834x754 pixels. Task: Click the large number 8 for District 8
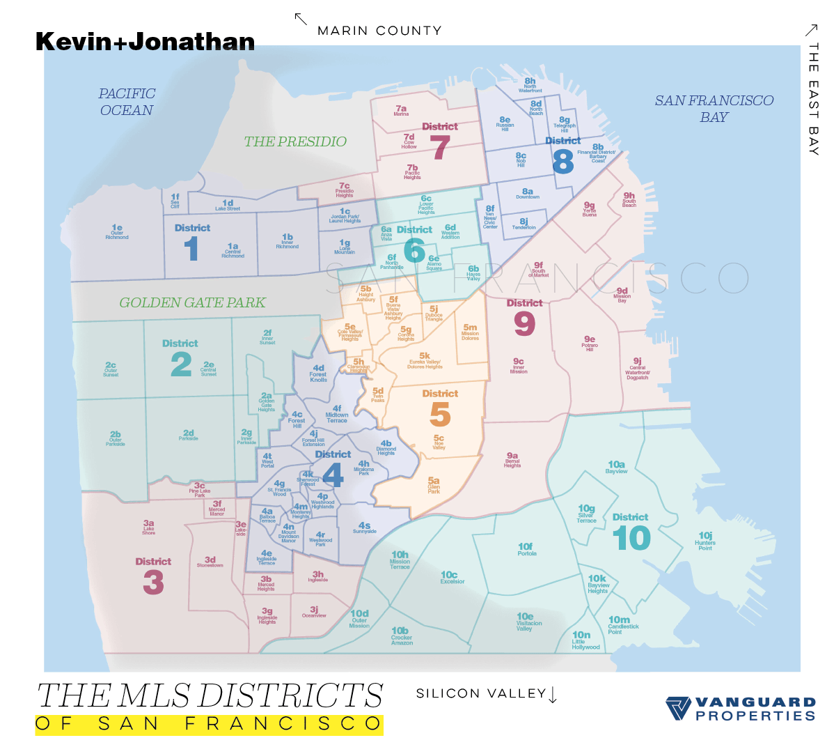(x=562, y=162)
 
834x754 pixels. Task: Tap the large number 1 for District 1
(x=191, y=249)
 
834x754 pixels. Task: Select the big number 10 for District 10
(x=631, y=539)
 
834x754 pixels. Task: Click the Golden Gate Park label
(x=192, y=302)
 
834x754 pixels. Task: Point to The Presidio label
(x=295, y=141)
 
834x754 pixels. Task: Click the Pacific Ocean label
(x=127, y=102)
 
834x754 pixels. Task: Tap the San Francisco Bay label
(x=714, y=108)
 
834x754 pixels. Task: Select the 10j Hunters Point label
(x=705, y=541)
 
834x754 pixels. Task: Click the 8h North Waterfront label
(x=530, y=85)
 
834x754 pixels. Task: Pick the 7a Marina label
(x=401, y=110)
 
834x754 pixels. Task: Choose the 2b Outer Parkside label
(x=116, y=438)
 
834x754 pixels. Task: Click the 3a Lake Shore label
(x=149, y=527)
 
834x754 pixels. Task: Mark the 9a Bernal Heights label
(x=512, y=459)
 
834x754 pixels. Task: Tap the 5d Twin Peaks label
(x=378, y=394)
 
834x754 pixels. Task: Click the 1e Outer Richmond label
(x=117, y=231)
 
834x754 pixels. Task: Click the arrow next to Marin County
(x=301, y=19)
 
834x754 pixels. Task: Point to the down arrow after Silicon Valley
(x=553, y=695)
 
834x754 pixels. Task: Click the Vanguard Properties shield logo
(x=678, y=708)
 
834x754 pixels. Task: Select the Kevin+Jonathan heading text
(x=145, y=42)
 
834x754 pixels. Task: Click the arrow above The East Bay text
(x=811, y=29)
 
